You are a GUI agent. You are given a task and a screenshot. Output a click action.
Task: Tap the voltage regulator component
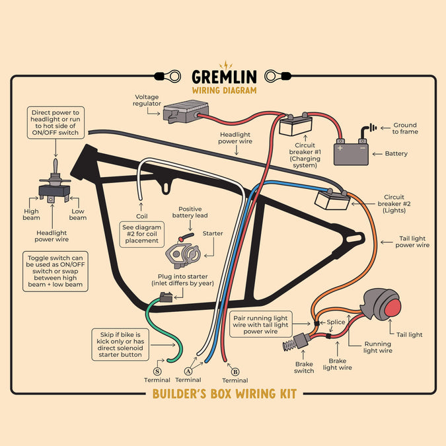coord(185,112)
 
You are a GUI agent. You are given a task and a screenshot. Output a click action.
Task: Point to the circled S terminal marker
coord(157,372)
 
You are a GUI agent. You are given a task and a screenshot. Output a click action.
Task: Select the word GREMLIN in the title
coord(223,77)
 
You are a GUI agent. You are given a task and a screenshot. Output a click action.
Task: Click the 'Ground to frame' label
coord(405,128)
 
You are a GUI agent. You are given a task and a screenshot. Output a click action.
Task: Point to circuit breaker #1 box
coord(295,125)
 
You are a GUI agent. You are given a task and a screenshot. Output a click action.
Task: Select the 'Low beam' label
coord(78,215)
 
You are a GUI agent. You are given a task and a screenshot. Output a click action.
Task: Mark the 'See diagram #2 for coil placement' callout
coord(142,233)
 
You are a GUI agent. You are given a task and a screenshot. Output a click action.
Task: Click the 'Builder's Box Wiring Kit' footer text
coord(224,394)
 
